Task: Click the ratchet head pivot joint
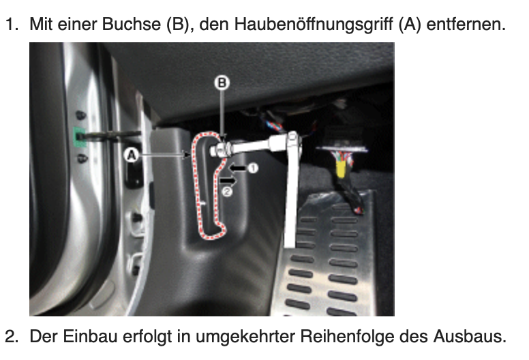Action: pyautogui.click(x=292, y=140)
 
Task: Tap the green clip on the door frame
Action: pyautogui.click(x=80, y=137)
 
